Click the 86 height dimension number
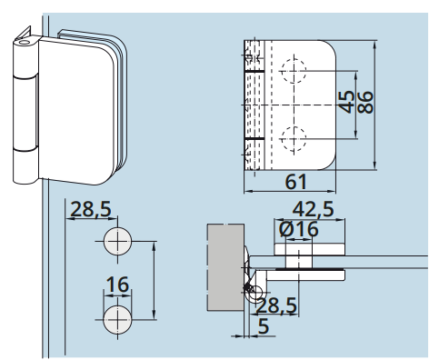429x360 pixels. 365,103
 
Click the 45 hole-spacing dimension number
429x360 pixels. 346,102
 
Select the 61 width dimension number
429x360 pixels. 296,182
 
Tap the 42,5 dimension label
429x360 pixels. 313,209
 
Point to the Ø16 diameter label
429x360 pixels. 298,229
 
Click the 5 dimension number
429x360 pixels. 264,326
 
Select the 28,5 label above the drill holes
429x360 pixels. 91,209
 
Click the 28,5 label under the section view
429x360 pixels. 276,305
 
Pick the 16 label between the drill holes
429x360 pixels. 117,285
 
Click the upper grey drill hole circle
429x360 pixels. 117,241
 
